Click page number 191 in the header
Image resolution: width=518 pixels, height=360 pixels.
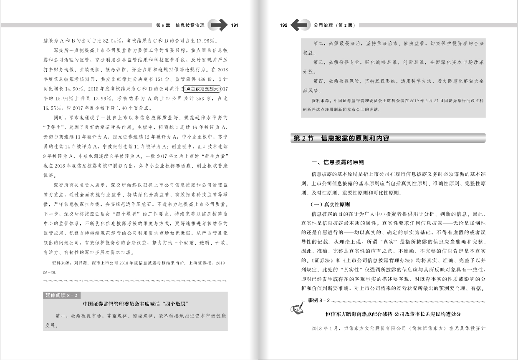pos(234,25)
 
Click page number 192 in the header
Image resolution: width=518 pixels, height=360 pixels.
pos(284,25)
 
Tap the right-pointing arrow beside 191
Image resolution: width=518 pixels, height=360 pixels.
pos(218,25)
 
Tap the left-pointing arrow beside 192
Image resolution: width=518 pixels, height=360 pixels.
pos(300,25)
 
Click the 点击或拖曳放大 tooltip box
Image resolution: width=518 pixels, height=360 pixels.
pos(201,89)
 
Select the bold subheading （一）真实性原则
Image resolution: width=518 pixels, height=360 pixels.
pos(330,204)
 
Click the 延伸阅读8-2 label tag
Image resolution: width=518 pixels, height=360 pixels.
pos(61,295)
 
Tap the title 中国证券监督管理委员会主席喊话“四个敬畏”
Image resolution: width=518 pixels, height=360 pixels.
pos(136,304)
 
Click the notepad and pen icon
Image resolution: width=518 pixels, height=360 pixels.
pos(298,307)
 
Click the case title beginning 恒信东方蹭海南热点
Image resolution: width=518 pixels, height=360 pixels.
pos(395,314)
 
